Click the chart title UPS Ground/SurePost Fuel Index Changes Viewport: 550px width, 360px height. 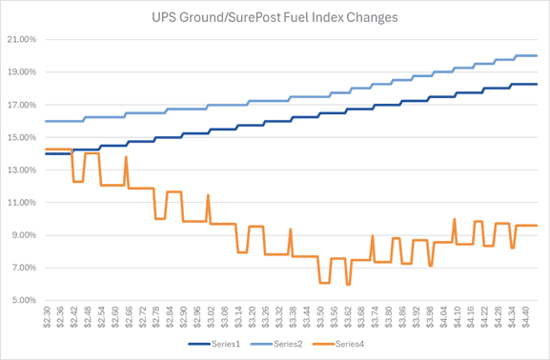(x=275, y=16)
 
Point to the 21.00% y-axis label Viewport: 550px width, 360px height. (x=21, y=40)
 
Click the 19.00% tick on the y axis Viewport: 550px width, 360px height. (x=21, y=72)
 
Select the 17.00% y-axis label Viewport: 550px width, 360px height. (x=21, y=105)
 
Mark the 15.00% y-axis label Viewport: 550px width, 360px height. (x=21, y=137)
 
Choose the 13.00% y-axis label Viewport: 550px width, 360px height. (x=21, y=170)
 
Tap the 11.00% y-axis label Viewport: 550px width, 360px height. (x=21, y=203)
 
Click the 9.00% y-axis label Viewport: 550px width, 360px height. (x=23, y=235)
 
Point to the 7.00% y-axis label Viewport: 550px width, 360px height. (x=23, y=268)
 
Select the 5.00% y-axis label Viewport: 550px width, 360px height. (x=23, y=300)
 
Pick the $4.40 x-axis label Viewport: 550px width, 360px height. (x=532, y=318)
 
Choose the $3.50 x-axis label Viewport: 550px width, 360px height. (x=324, y=318)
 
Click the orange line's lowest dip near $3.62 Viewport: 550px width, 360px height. (x=349, y=284)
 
